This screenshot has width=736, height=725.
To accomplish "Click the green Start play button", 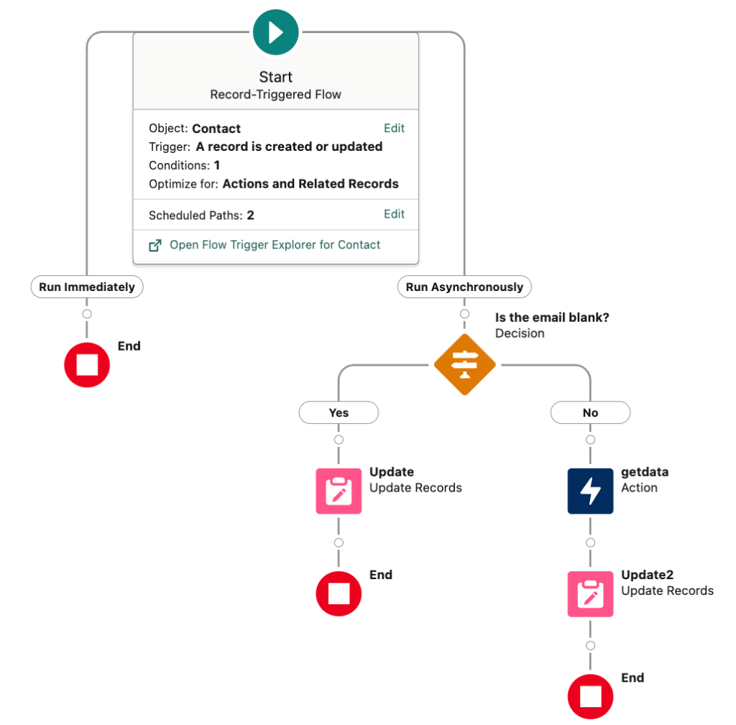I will click(x=275, y=32).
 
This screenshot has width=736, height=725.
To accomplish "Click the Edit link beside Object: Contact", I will click(x=394, y=129).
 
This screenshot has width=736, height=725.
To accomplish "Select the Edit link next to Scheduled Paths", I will click(x=394, y=214).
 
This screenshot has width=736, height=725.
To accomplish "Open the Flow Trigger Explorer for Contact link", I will click(x=275, y=245).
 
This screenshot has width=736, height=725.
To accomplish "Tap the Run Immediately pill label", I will click(x=87, y=287).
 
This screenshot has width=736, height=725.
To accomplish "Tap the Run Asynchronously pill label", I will click(x=464, y=287).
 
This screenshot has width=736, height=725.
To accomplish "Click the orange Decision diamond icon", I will click(x=464, y=365).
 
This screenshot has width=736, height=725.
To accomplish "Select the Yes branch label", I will click(x=339, y=413).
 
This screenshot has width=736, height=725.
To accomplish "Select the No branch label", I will click(x=590, y=413).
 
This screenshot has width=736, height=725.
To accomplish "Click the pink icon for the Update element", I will click(x=339, y=491).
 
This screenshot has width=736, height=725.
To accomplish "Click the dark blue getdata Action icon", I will click(x=590, y=491).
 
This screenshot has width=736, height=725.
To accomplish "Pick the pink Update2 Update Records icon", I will click(x=590, y=594).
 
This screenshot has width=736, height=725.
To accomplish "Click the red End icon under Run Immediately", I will click(x=87, y=365).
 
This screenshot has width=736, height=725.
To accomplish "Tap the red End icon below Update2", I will click(x=590, y=697).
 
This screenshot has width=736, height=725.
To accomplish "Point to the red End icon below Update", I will click(x=339, y=594).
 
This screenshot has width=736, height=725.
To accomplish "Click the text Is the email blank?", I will click(x=552, y=318).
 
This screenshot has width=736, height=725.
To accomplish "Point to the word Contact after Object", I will click(x=216, y=129).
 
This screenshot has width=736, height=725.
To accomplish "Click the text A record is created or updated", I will click(x=289, y=147).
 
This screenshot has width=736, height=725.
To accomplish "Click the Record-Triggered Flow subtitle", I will click(x=275, y=95).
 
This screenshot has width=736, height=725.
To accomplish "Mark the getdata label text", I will click(x=645, y=473).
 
